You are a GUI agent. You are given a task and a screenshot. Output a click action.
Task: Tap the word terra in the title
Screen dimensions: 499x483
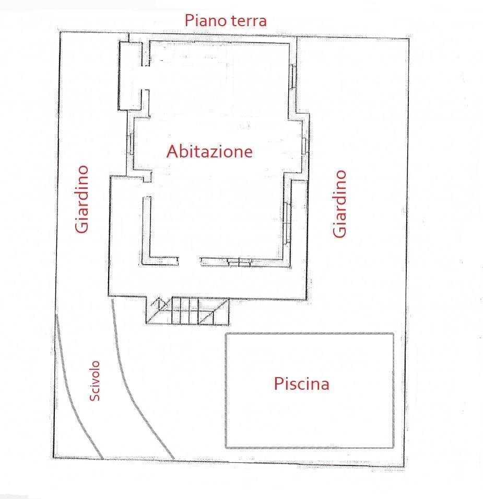(248, 21)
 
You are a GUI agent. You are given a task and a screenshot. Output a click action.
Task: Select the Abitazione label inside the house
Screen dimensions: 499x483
(209, 151)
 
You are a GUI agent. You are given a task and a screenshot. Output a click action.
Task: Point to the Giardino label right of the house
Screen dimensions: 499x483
(340, 203)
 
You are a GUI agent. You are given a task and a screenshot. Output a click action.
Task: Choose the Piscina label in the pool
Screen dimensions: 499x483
(301, 384)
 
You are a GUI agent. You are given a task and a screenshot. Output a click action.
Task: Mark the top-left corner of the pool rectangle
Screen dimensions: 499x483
(226, 334)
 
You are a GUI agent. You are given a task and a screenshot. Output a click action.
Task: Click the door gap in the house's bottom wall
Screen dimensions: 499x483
(190, 260)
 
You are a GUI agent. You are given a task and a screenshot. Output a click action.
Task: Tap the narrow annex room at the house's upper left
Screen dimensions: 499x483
(131, 76)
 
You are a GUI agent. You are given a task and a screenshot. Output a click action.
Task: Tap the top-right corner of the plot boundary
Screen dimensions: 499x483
(408, 39)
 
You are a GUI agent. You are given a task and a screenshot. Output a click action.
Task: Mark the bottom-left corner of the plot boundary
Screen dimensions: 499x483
(54, 457)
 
